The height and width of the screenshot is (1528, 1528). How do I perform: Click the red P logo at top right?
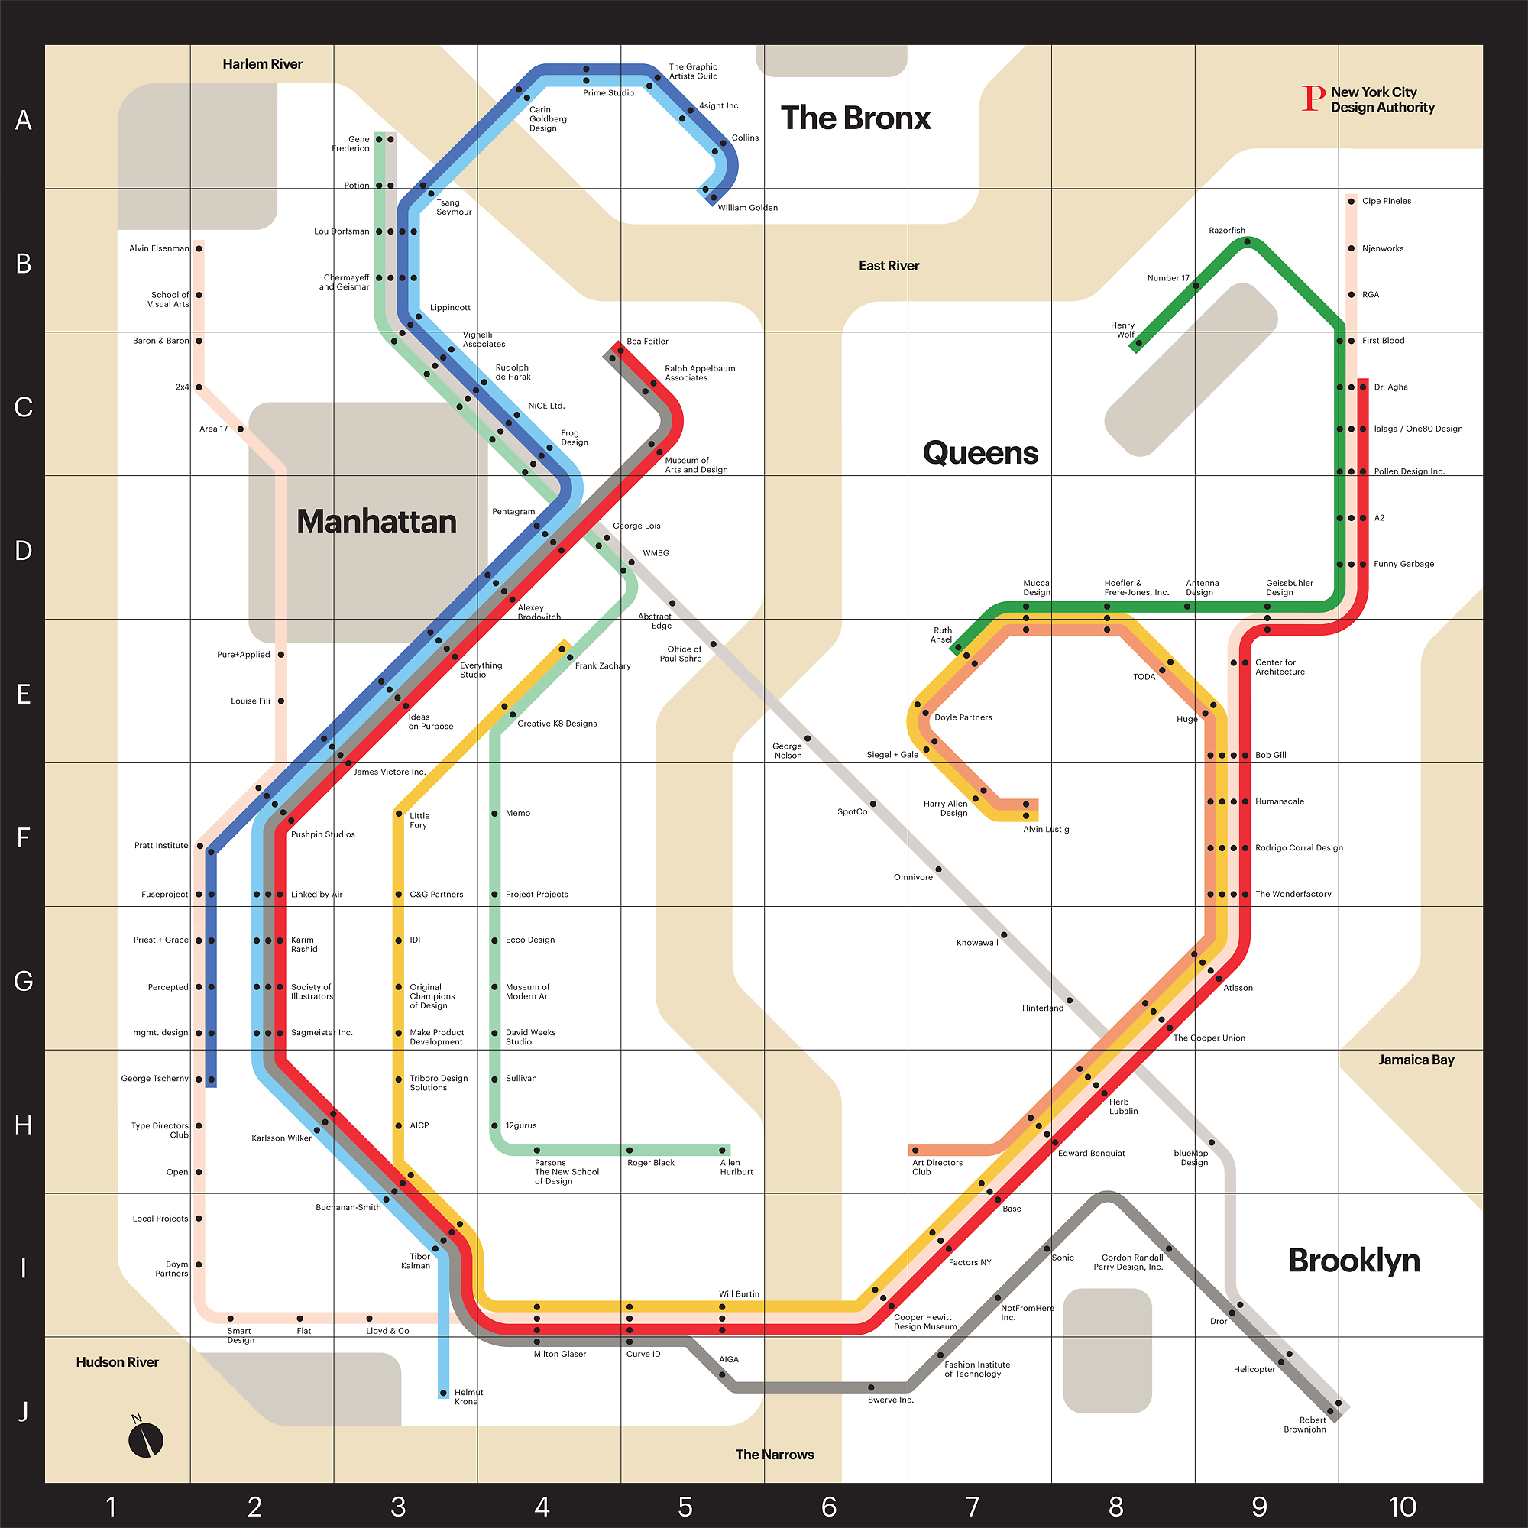click(1313, 99)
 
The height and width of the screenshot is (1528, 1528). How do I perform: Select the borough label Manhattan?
click(377, 522)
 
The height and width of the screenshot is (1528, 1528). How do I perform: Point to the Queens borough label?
click(980, 453)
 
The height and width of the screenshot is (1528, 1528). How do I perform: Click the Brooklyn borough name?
click(1354, 1261)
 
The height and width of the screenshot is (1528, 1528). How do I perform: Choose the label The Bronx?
click(856, 118)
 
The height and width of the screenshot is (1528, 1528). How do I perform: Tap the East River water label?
click(889, 266)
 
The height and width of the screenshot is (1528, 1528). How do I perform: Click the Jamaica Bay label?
click(1416, 1060)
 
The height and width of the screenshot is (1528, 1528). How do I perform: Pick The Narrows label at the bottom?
click(774, 1455)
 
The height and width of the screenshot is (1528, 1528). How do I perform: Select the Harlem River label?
click(262, 64)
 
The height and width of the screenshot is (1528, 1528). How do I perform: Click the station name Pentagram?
click(513, 512)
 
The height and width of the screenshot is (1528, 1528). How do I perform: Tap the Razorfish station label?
click(1227, 231)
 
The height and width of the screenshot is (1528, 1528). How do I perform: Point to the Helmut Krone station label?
click(468, 1397)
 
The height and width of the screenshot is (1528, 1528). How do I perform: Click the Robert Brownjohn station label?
click(1304, 1424)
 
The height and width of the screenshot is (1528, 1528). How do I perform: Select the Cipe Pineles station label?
click(1386, 201)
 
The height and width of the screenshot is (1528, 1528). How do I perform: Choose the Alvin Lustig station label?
click(1046, 829)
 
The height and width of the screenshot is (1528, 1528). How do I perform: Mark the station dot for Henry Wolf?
click(1139, 343)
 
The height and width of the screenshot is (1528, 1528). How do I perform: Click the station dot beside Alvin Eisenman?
click(199, 248)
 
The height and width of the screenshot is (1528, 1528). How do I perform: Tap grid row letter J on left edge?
click(24, 1411)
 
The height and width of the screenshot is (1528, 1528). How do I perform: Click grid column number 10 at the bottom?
click(1402, 1507)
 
